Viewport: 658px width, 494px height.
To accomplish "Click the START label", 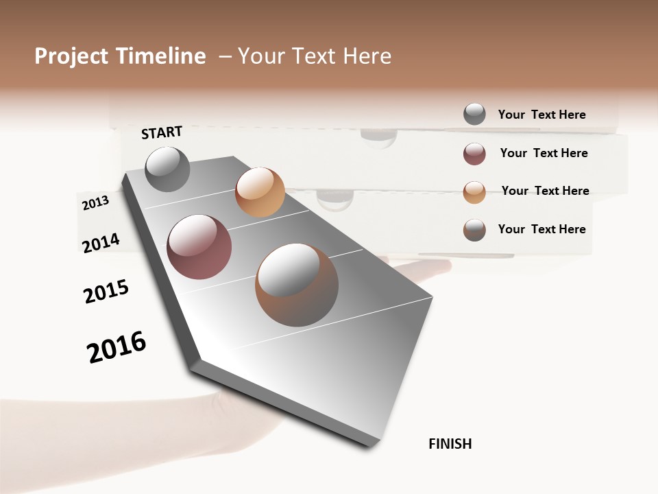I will coord(162,132).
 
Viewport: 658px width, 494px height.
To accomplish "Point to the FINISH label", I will coord(450,444).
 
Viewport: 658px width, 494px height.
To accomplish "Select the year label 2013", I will coord(95,203).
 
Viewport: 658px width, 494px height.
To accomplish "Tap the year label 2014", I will coord(101,243).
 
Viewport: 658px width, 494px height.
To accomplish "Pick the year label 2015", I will coord(106,292).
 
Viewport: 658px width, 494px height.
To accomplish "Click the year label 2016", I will coord(117,347).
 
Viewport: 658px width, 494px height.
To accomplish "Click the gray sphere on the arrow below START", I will coord(167,169).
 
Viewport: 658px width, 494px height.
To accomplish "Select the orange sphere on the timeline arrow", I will coord(260,192).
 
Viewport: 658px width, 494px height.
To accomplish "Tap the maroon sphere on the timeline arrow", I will coord(199,247).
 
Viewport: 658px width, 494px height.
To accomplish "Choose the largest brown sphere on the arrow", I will coord(297,285).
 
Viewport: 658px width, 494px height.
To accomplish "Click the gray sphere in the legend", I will coord(474,114).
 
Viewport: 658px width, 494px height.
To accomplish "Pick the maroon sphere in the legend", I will coord(474,154).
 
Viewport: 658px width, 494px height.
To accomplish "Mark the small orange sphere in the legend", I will coord(474,192).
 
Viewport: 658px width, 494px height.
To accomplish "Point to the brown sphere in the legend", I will coord(474,230).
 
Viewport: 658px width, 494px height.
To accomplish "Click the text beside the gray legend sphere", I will coord(541,115).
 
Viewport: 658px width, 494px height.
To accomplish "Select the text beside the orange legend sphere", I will coord(545,191).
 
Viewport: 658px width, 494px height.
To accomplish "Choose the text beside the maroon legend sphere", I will coord(544,153).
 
